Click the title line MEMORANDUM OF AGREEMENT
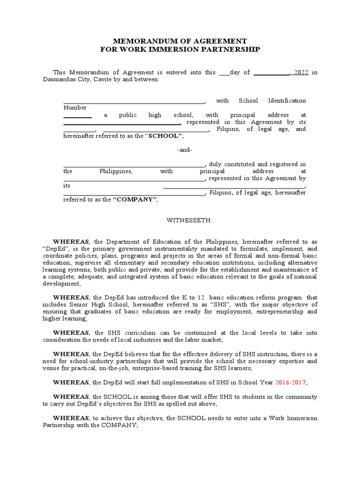point(180,41)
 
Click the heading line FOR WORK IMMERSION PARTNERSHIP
point(180,49)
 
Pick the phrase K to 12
point(196,298)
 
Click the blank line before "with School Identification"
point(134,102)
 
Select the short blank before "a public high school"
point(77,116)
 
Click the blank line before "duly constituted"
point(134,166)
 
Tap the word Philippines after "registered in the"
point(116,172)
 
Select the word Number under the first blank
point(75,108)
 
